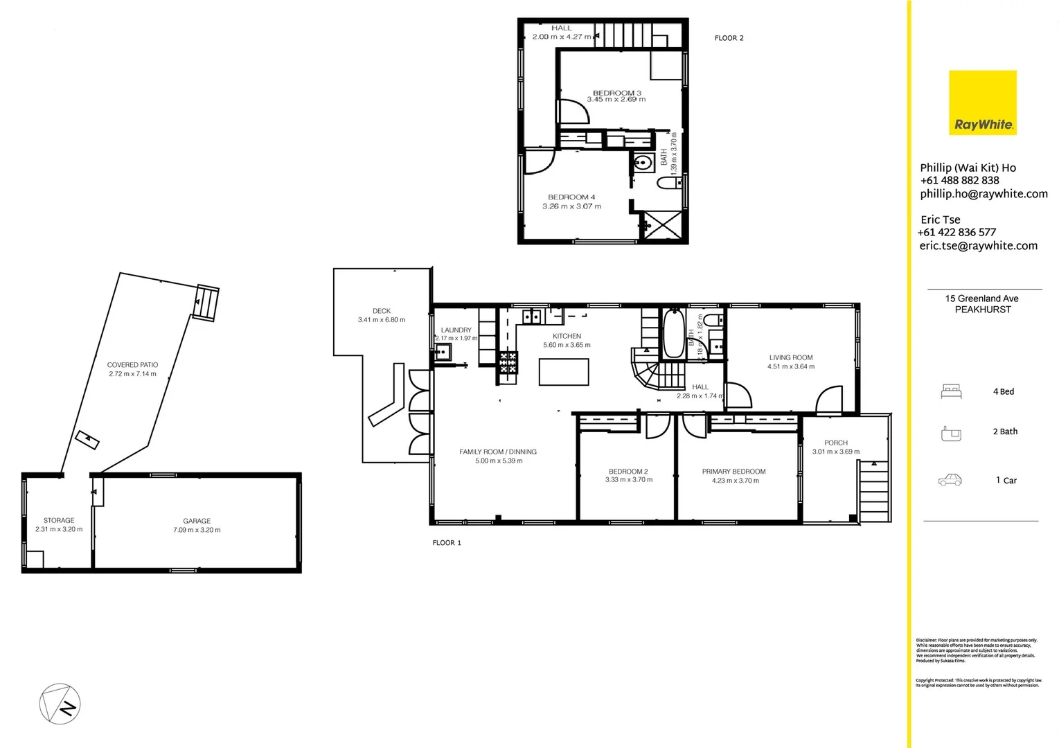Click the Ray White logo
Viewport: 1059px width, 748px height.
(x=982, y=102)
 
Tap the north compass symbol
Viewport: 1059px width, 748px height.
(x=60, y=704)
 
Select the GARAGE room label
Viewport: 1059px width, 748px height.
(x=197, y=521)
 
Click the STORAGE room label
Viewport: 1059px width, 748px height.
(x=59, y=520)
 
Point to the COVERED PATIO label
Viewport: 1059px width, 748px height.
(x=132, y=365)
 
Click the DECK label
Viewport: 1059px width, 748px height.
(x=382, y=311)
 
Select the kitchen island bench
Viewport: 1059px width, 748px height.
(x=564, y=372)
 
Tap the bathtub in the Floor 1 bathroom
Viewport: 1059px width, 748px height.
(x=673, y=335)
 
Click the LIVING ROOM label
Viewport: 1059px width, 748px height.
(x=790, y=358)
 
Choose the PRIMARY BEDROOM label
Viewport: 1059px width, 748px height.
(x=733, y=472)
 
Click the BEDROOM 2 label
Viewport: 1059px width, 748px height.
(x=628, y=472)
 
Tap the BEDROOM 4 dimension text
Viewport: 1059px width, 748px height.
(x=571, y=206)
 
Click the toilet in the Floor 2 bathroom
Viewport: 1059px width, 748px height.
(x=668, y=183)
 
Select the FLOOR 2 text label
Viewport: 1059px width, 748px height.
(x=729, y=38)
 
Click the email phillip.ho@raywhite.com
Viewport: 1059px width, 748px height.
(x=984, y=194)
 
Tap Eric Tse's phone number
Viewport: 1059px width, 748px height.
(x=956, y=233)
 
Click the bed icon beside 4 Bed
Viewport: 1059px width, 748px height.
(x=951, y=392)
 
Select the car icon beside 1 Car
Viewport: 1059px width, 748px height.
(x=950, y=480)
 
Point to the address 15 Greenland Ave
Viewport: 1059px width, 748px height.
(x=981, y=299)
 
